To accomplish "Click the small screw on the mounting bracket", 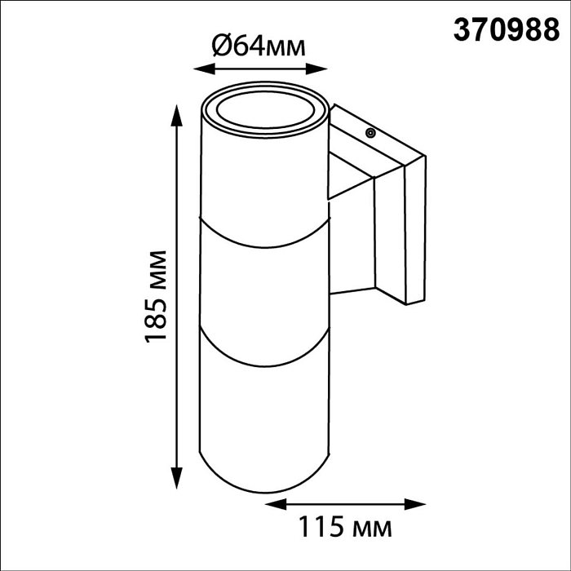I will [x=370, y=131].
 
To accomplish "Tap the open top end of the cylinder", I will [x=265, y=112].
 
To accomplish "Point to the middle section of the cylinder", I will [x=265, y=285].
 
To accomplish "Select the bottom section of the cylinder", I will [x=265, y=416].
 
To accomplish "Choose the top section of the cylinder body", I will [x=265, y=175].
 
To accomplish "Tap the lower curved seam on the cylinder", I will [x=265, y=361].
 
